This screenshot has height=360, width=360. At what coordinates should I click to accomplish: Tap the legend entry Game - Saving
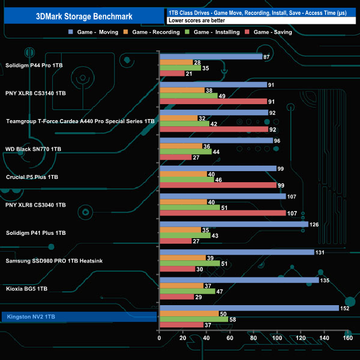272,32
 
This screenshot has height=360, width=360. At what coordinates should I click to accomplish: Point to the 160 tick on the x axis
347,338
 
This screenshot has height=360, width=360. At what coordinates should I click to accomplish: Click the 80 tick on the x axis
253,338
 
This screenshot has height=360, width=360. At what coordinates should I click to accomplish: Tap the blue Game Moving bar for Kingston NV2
249,308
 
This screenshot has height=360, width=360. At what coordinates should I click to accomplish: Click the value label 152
345,308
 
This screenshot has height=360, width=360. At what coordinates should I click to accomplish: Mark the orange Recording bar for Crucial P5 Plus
183,174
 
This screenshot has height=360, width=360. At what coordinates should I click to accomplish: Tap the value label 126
315,224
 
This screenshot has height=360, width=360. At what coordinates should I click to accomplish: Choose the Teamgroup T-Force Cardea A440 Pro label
80,121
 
